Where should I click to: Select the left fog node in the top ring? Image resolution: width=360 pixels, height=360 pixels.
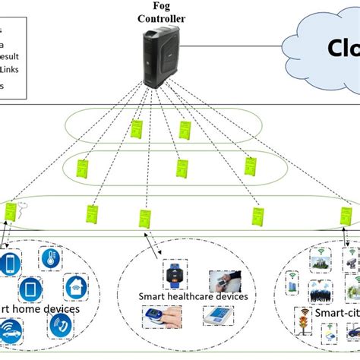(x=137, y=128)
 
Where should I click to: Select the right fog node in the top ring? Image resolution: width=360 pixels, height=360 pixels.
(x=185, y=130)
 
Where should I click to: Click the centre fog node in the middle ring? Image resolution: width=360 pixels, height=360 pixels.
(x=182, y=168)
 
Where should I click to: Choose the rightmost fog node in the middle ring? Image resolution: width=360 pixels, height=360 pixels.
(x=249, y=167)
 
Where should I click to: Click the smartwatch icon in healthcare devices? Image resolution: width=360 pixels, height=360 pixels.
(x=172, y=274)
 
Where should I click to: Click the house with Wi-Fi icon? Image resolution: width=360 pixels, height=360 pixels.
(x=75, y=286)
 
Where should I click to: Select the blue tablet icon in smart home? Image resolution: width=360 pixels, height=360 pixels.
(x=29, y=289)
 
